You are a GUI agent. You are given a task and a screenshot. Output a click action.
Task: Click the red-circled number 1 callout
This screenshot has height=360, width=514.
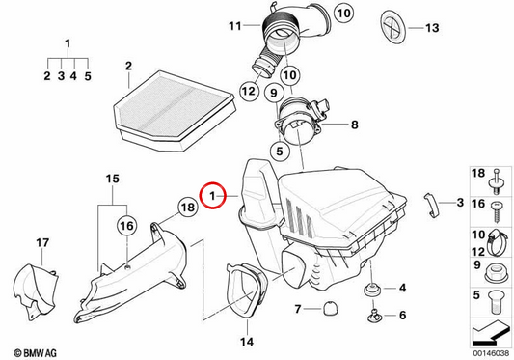(212, 196)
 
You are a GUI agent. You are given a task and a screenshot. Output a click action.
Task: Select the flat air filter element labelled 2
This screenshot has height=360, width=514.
(174, 110)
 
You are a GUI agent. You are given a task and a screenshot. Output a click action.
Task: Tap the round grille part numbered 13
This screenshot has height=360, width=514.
(393, 26)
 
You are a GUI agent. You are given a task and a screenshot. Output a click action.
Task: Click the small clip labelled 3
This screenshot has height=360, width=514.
(431, 205)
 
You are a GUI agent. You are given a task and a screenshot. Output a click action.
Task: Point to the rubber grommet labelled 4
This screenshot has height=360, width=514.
(372, 290)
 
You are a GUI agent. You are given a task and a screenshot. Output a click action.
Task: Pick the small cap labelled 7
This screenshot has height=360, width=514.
(330, 309)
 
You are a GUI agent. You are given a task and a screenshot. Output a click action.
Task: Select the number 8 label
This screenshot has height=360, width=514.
(354, 125)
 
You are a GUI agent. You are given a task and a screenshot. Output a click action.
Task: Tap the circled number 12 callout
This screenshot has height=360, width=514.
(249, 91)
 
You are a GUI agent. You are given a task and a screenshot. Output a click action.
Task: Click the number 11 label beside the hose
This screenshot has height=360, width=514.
(235, 26)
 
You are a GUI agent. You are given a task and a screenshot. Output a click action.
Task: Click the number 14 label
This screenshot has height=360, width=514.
(247, 342)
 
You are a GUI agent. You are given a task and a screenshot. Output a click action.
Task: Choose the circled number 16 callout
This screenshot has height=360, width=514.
(127, 226)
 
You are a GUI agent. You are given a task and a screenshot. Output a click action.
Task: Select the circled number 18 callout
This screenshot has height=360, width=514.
(187, 208)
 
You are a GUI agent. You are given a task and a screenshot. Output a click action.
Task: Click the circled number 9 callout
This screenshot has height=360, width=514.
(273, 93)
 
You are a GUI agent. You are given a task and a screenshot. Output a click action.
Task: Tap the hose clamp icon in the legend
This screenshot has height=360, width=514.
(497, 243)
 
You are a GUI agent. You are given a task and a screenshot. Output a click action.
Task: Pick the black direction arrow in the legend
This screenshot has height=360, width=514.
(491, 332)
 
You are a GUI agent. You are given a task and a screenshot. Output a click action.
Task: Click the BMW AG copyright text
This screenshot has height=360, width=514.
(35, 353)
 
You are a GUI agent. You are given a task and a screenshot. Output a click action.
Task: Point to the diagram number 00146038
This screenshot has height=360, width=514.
(491, 353)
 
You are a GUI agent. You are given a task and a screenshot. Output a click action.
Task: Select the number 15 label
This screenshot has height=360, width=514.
(113, 179)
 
